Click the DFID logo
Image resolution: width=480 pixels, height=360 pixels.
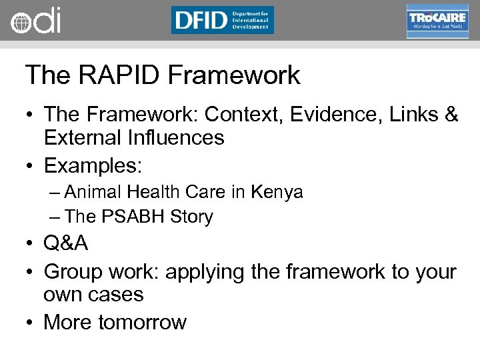coord(222,20)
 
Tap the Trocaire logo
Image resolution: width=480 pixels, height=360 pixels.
coord(437,21)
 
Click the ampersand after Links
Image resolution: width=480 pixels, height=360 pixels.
coord(451,115)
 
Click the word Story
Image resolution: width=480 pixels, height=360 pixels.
coord(191,217)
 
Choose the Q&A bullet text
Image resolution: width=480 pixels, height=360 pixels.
coord(65,243)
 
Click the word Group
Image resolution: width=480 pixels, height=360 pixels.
coord(71,272)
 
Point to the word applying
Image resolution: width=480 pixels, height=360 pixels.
coord(208,272)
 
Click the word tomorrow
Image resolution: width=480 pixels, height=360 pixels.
coord(142,323)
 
